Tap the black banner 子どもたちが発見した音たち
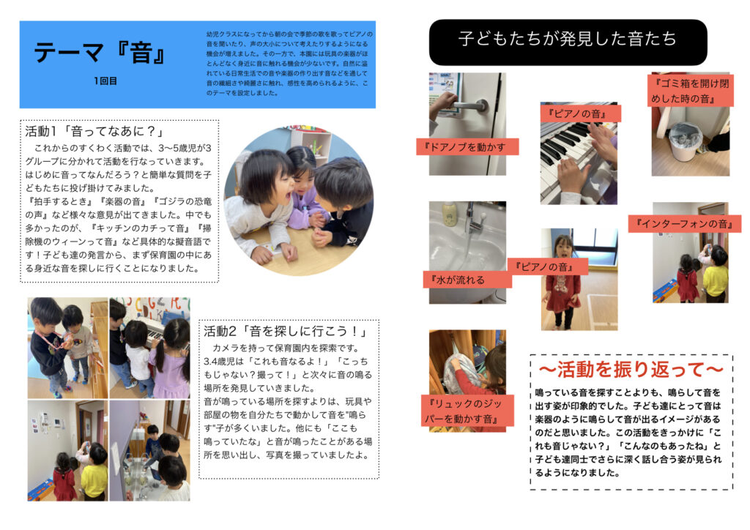pos(568,40)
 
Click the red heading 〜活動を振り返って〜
pos(631,368)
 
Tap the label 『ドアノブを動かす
pos(467,147)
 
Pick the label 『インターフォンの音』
pos(684,223)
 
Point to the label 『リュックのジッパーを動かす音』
pos(461,410)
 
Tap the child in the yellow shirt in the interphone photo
pos(716,276)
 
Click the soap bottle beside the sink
pos(449,214)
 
